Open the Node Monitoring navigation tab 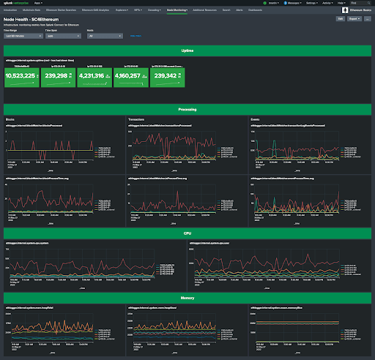tap(176, 12)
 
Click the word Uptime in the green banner tap(187, 50)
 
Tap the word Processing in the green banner tap(187, 109)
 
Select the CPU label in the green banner tap(187, 232)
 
